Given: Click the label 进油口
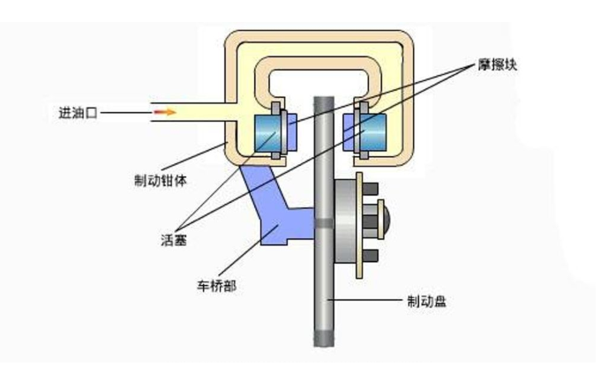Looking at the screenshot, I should pyautogui.click(x=78, y=113).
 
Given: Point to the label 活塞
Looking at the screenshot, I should pyautogui.click(x=173, y=239).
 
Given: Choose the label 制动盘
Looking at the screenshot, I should pyautogui.click(x=426, y=301).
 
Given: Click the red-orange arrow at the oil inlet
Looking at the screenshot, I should pyautogui.click(x=165, y=113).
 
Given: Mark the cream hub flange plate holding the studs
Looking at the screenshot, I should pyautogui.click(x=359, y=226).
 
